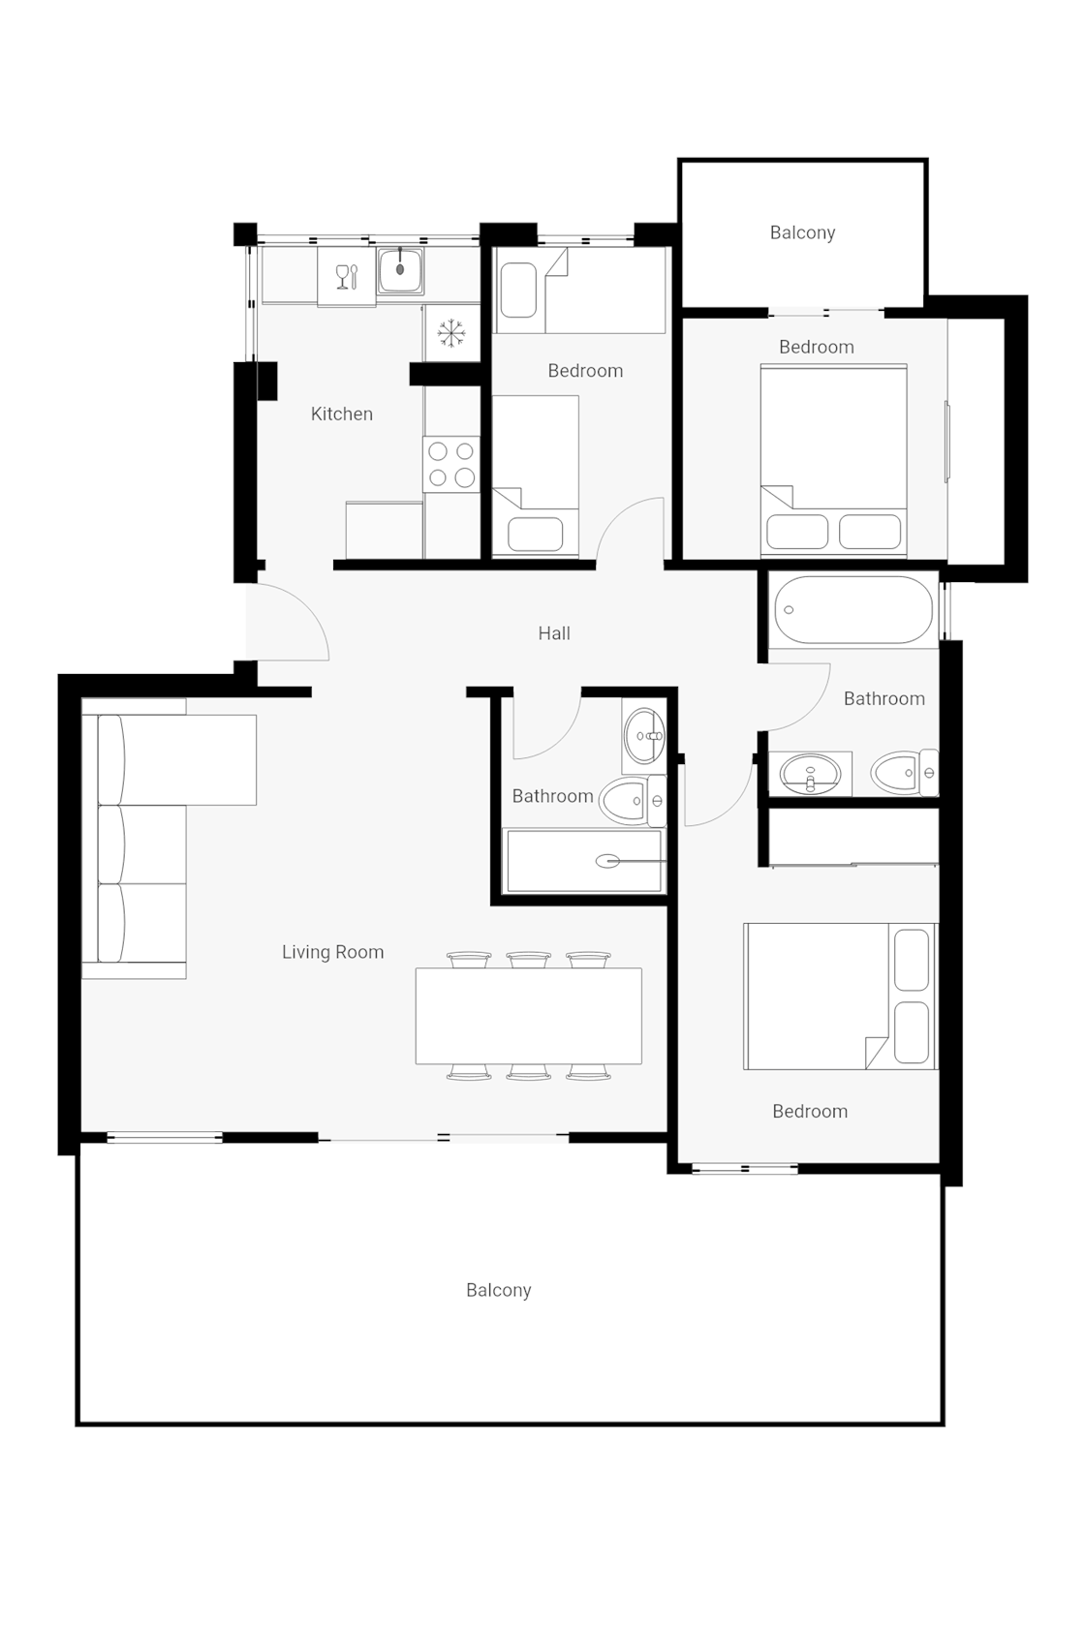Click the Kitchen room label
click(341, 414)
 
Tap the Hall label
click(554, 633)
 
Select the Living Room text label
click(332, 952)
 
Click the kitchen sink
click(400, 270)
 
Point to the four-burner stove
click(451, 464)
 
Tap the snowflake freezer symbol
click(451, 333)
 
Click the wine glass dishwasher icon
click(346, 277)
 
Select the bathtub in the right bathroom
click(853, 610)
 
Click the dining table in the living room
click(528, 1016)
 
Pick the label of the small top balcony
click(802, 232)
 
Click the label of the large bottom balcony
click(498, 1290)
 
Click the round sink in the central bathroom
click(643, 736)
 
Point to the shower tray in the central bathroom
click(585, 860)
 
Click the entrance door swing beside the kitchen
click(291, 625)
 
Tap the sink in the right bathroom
click(810, 774)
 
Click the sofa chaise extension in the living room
click(221, 759)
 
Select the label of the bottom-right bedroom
click(810, 1112)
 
